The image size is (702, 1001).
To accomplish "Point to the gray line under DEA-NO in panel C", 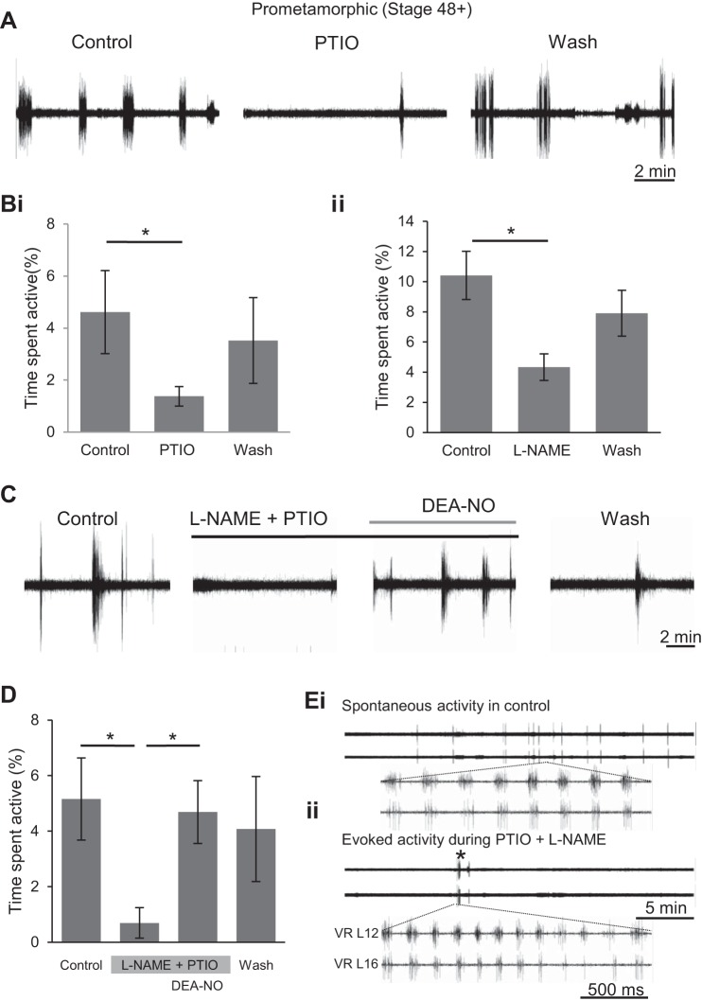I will point(442,521).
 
